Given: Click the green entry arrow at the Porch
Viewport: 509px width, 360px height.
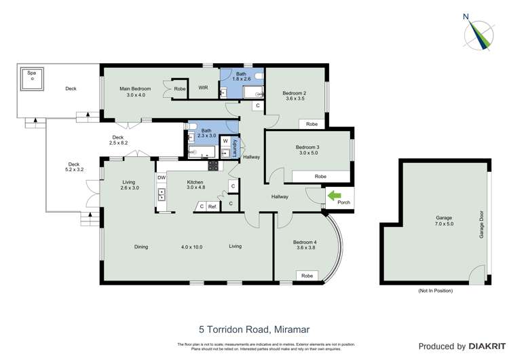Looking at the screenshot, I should click(335, 196).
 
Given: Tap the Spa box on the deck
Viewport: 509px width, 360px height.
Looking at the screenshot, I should click(31, 78).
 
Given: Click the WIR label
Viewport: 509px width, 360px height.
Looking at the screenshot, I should click(203, 88).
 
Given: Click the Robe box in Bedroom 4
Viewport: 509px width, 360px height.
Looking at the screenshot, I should click(307, 275).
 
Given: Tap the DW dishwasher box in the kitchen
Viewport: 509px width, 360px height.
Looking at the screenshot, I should click(162, 178).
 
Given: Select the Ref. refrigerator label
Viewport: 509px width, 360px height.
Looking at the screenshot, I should click(212, 206).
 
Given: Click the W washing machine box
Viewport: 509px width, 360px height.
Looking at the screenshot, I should click(225, 141).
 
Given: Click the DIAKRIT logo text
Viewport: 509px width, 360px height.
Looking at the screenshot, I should click(476, 346).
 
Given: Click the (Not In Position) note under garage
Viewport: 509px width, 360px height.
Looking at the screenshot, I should click(436, 291).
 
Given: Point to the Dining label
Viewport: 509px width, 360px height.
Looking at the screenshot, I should click(140, 247).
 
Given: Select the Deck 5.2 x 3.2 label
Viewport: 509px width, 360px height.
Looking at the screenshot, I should click(73, 167).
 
